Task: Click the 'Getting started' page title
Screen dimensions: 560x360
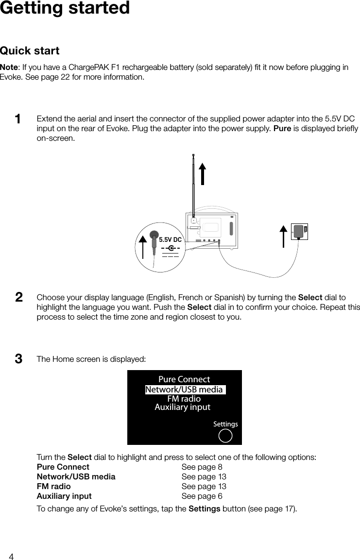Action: point(65,8)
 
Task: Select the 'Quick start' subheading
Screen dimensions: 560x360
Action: point(30,51)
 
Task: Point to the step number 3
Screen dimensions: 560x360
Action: point(18,359)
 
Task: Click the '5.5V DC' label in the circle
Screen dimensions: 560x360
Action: point(170,240)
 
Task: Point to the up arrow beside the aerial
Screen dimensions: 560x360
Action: point(202,173)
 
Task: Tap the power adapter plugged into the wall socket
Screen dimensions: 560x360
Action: point(300,232)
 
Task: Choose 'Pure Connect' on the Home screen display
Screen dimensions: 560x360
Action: point(184,379)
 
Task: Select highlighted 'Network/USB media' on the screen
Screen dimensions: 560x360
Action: point(184,390)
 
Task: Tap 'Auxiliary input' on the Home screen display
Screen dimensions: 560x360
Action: point(182,407)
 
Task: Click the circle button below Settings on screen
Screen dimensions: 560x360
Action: point(225,436)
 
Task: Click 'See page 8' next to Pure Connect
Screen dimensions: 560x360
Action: point(202,467)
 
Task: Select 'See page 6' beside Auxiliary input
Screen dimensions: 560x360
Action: point(202,496)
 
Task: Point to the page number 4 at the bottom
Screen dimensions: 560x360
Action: point(11,556)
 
